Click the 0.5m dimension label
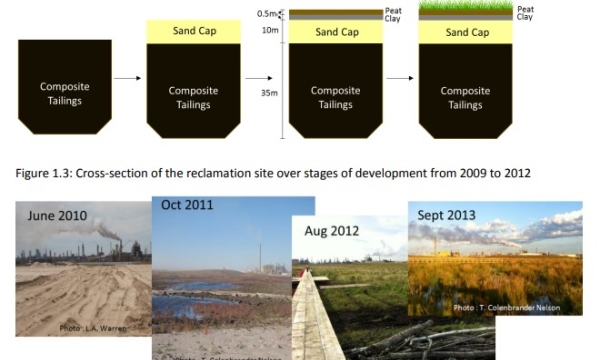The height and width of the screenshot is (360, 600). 266,14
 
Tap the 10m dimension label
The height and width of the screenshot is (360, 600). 270,30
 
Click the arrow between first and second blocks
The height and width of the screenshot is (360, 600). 127,77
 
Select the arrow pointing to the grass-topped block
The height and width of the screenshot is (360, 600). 400,77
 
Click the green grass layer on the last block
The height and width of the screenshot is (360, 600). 465,9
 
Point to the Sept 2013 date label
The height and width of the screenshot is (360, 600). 445,213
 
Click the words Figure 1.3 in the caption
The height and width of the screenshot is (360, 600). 42,173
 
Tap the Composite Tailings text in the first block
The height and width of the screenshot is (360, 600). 64,93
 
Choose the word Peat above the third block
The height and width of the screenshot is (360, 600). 393,10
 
